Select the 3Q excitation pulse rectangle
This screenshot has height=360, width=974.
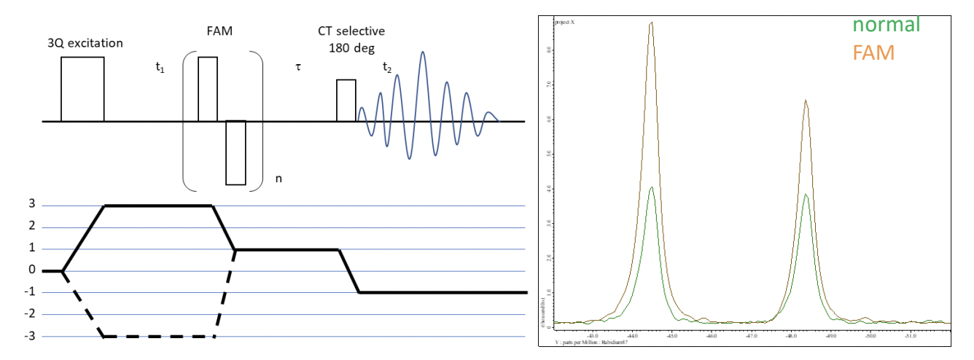coord(82,88)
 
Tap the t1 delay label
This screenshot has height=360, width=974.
coord(160,68)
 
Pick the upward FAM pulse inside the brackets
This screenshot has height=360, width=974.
coord(208,88)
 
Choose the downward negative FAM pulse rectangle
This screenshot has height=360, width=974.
coord(235,152)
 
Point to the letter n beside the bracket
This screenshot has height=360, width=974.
coord(277,178)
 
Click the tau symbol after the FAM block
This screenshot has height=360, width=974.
coord(298,67)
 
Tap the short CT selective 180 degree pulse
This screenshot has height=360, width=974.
coord(346,100)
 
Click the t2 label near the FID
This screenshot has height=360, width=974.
coord(387,68)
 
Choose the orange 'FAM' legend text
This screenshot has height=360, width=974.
coord(874,52)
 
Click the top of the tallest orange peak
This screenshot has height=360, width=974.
coord(651,23)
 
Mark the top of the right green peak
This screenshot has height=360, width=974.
coord(805,195)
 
